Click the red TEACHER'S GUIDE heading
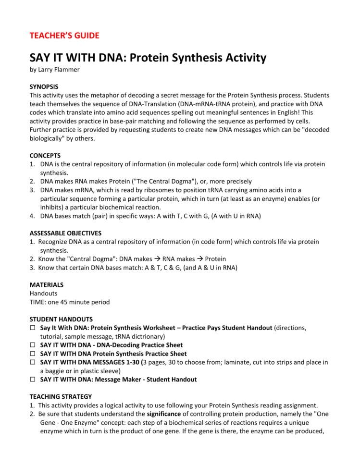64,36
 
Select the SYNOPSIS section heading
44,87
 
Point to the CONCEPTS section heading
45,156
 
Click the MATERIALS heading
46,285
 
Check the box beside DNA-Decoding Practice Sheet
33,345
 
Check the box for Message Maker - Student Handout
33,380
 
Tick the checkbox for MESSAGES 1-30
33,362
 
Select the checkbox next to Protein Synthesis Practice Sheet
33,354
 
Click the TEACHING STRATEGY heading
61,397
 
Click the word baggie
57,371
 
